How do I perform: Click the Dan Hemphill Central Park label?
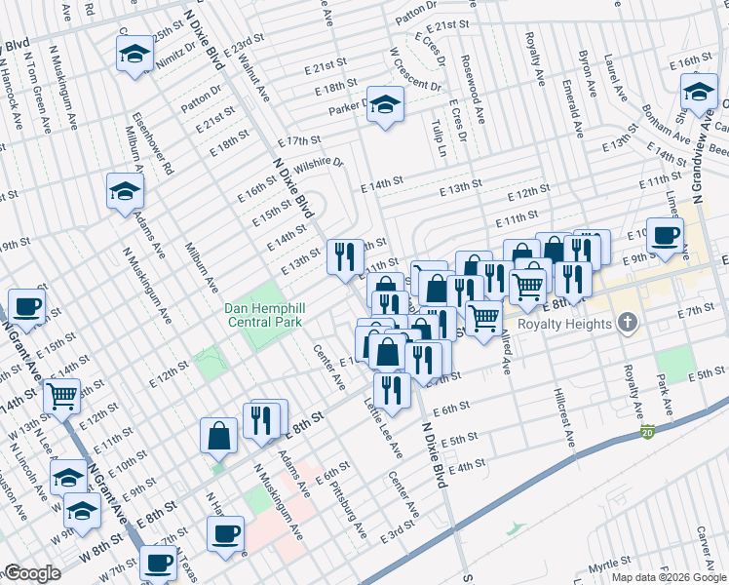pyautogui.click(x=262, y=314)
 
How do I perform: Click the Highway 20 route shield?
pyautogui.click(x=647, y=430)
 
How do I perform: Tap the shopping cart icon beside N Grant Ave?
pyautogui.click(x=62, y=396)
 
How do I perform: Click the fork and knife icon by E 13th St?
pyautogui.click(x=344, y=256)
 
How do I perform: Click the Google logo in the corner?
pyautogui.click(x=31, y=573)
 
